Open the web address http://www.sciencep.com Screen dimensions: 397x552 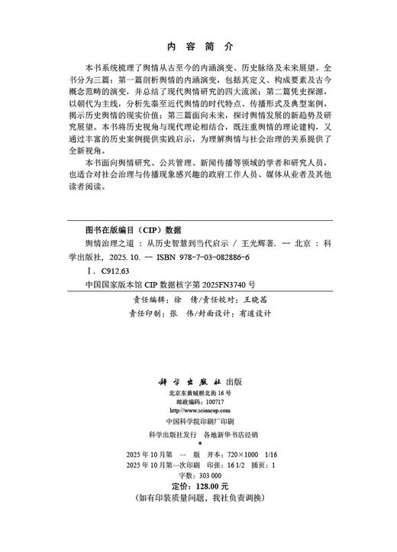[x=198, y=411]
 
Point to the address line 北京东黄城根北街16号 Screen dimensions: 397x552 [x=198, y=392]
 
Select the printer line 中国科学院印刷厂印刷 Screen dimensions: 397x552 [x=198, y=421]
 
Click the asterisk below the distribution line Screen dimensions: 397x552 [x=198, y=443]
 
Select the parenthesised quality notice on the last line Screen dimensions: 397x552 [x=198, y=497]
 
